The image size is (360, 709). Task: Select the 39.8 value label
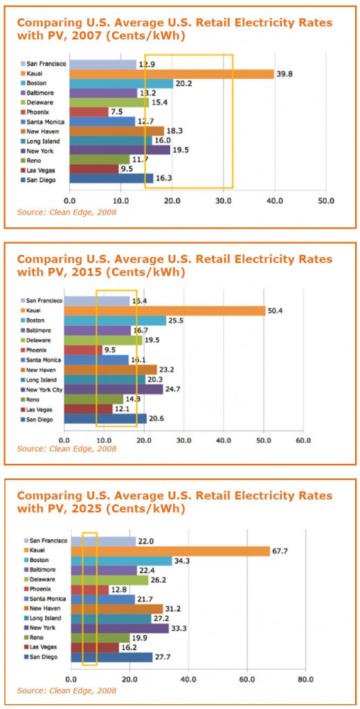click(284, 74)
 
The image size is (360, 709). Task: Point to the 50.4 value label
click(276, 311)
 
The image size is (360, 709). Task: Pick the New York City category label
click(44, 389)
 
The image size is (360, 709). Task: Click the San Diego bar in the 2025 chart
click(111, 657)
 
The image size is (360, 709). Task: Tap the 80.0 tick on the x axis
click(305, 679)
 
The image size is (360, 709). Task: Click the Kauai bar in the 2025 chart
click(170, 551)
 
